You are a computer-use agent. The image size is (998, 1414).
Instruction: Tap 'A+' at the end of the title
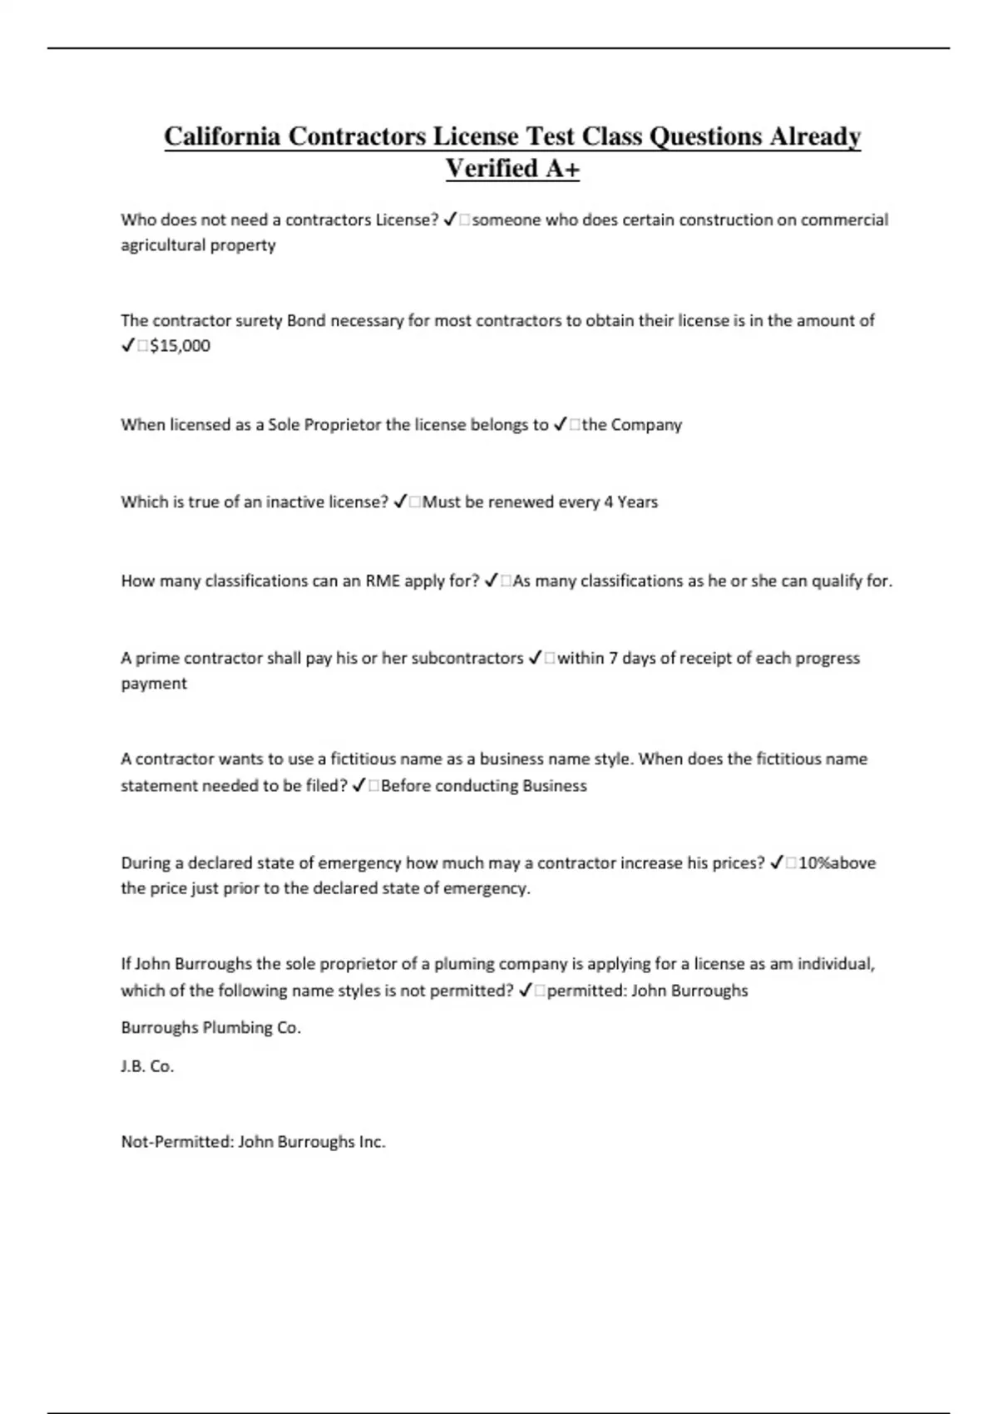coord(563,169)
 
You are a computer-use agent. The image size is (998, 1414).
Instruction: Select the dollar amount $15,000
coord(180,346)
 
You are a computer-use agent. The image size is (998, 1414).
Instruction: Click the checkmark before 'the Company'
coord(561,425)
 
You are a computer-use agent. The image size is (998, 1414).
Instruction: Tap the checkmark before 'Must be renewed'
coord(400,502)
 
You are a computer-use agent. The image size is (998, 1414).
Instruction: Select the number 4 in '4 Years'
coord(609,502)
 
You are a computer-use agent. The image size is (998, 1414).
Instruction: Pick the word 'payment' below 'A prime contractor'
coord(154,684)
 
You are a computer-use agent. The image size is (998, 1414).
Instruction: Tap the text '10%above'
coord(837,863)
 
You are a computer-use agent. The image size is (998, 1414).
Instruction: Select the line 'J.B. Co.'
coord(147,1066)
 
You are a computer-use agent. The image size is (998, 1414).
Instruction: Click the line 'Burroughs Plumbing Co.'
coord(210,1028)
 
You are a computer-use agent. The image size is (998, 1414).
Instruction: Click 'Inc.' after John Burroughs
coord(372,1142)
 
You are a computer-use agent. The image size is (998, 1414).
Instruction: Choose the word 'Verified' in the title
coord(492,169)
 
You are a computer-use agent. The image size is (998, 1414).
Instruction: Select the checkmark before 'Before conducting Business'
coord(359,786)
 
